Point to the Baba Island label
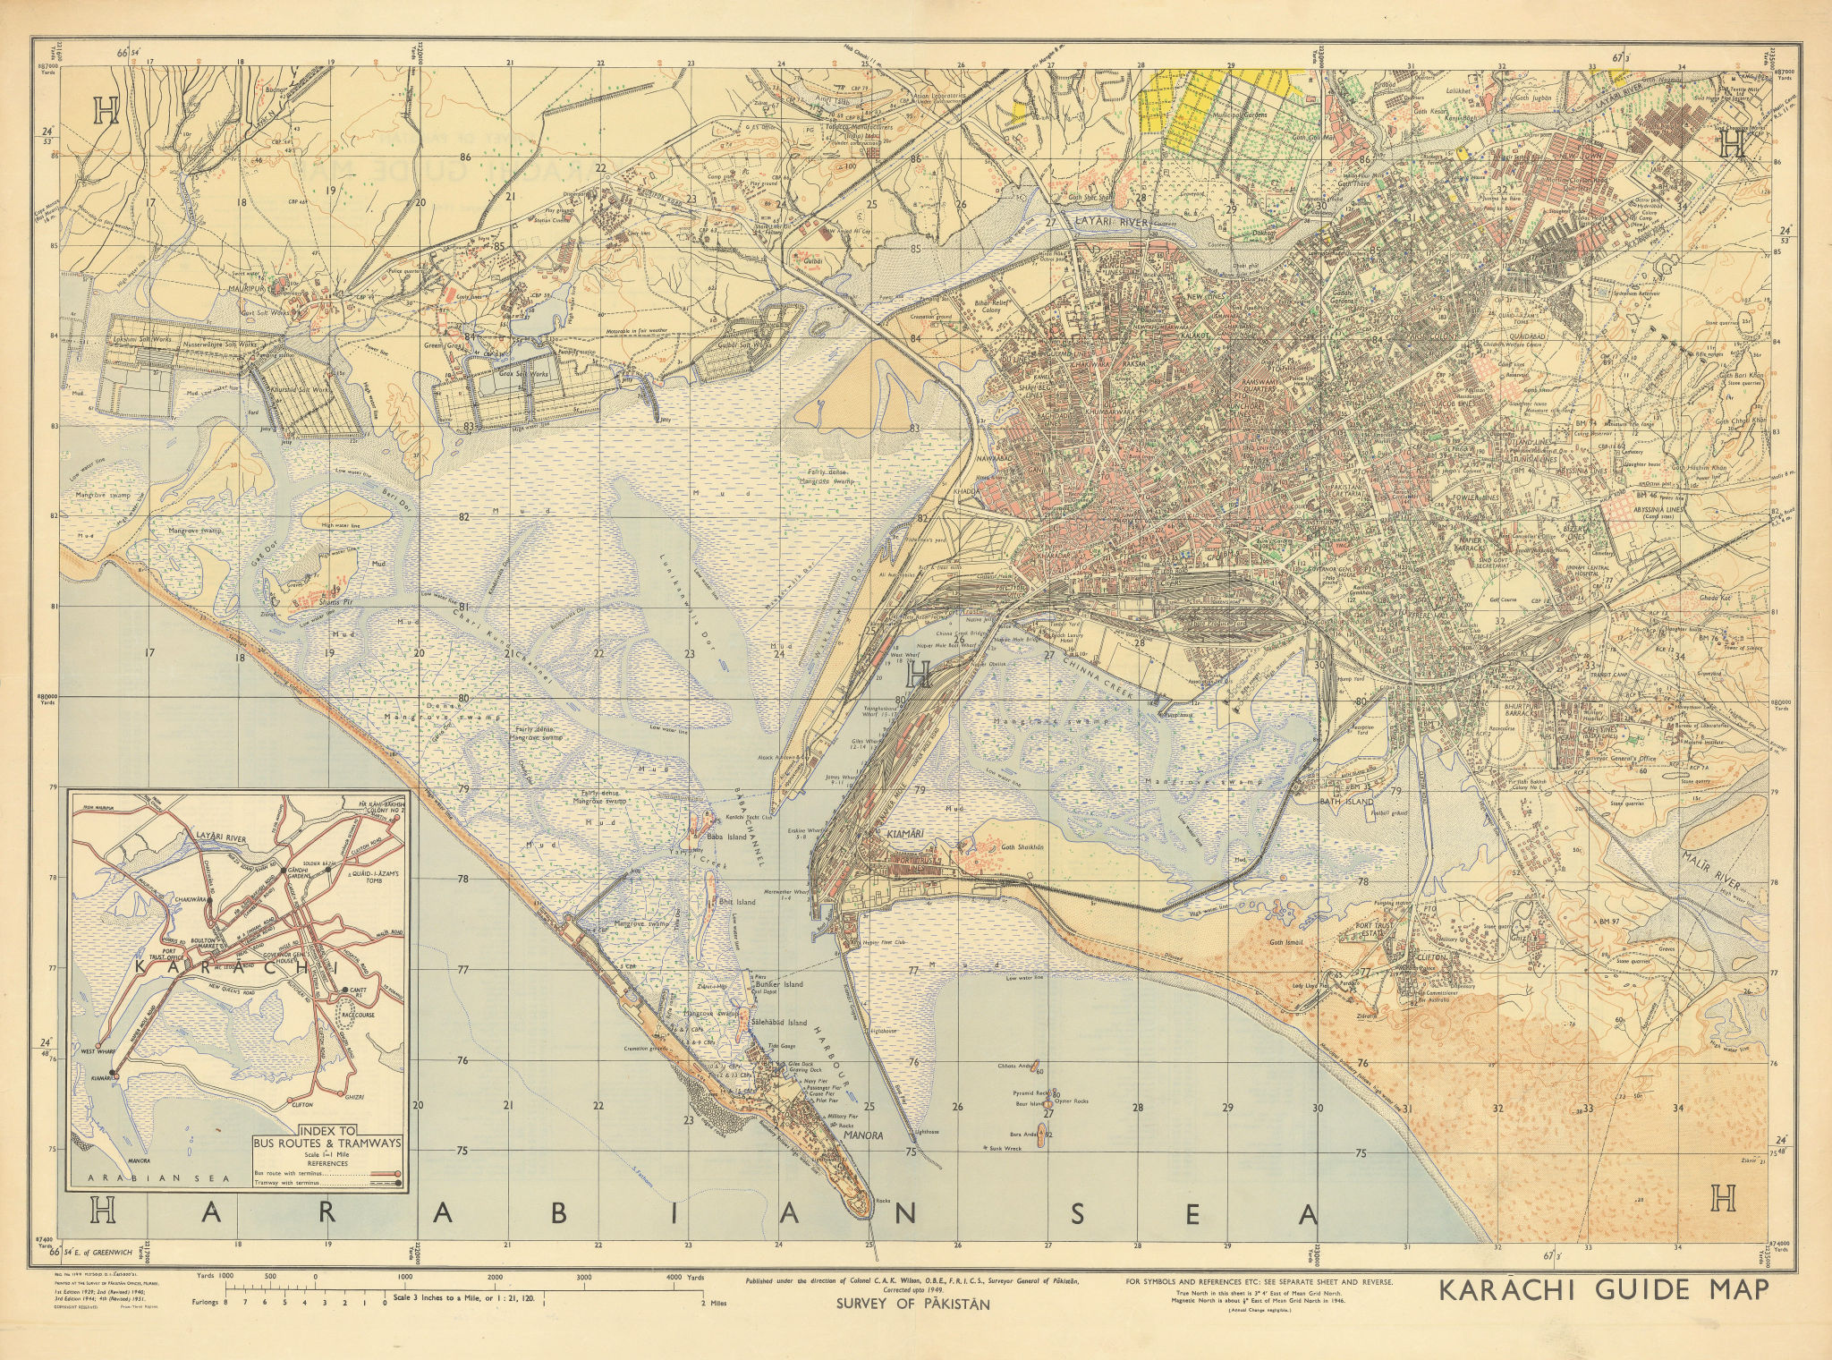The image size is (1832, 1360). tap(726, 836)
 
